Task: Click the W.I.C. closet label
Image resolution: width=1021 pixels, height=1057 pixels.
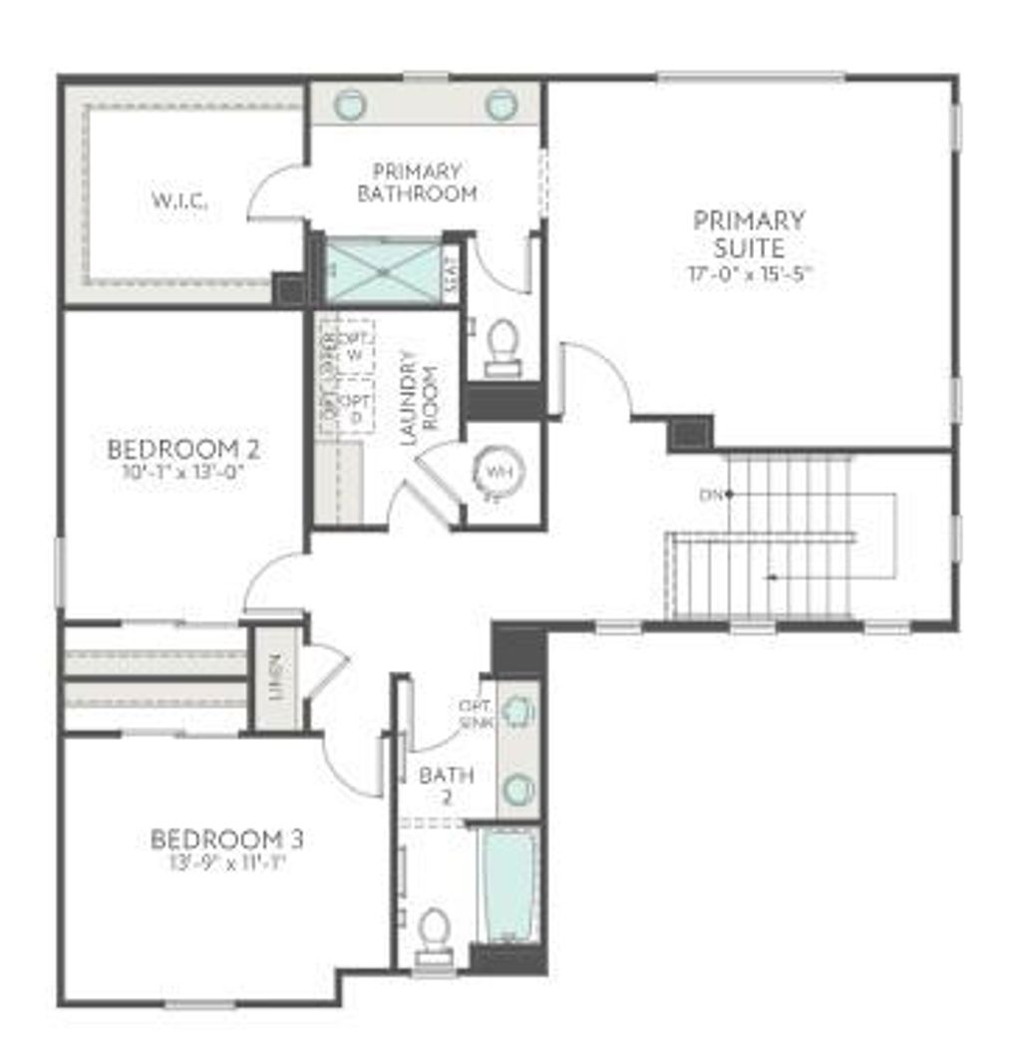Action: [180, 201]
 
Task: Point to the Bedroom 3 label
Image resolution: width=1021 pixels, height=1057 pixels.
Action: [227, 840]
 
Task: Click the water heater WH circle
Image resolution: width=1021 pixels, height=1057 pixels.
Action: [497, 472]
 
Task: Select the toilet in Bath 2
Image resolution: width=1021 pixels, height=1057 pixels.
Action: [434, 933]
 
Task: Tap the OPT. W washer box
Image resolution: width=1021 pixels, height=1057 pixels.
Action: [353, 346]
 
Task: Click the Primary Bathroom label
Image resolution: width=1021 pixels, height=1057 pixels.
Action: [417, 182]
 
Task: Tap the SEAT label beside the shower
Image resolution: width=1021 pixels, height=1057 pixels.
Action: [451, 269]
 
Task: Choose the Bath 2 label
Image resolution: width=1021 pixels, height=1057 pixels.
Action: [446, 785]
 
